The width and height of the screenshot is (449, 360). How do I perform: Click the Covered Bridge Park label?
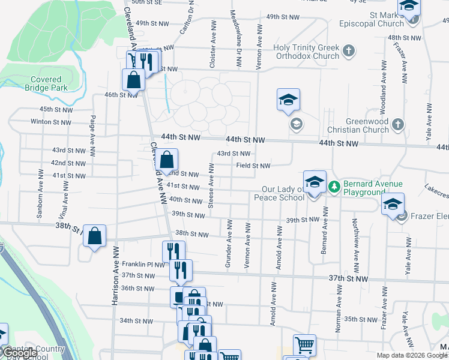(x=43, y=83)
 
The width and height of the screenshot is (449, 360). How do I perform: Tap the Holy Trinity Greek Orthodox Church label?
(x=306, y=52)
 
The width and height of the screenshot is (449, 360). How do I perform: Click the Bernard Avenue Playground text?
(x=364, y=188)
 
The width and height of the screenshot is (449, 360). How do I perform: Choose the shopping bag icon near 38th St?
(x=95, y=236)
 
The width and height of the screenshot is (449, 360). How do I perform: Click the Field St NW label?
(x=253, y=166)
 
